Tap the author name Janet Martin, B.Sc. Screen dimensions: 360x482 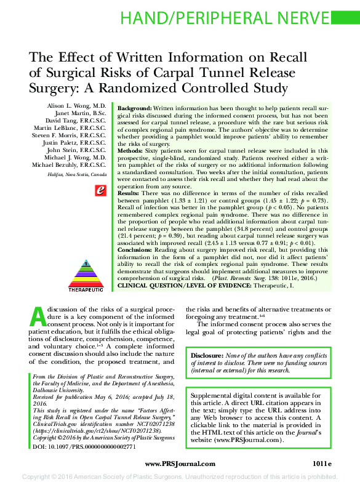(x=81, y=114)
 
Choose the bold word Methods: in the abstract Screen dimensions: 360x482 (x=130, y=150)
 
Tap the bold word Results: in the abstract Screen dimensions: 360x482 (x=128, y=193)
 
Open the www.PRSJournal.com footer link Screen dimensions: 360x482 (x=180, y=464)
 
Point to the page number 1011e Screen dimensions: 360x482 (x=321, y=464)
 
